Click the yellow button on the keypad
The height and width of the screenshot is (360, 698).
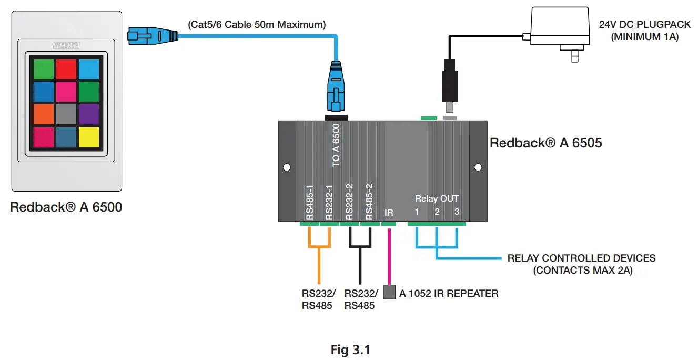(x=88, y=137)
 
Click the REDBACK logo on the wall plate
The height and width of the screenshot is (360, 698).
(x=66, y=46)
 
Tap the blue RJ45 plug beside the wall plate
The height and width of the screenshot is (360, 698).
(x=153, y=36)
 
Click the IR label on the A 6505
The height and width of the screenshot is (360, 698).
(x=389, y=213)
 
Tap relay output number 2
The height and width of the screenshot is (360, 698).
(x=437, y=212)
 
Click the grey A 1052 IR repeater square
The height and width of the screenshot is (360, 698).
(x=389, y=293)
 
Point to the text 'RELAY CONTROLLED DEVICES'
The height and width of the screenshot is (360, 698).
(x=581, y=258)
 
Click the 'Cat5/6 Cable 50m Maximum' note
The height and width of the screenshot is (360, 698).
(x=257, y=24)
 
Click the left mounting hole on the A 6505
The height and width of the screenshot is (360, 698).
(x=287, y=167)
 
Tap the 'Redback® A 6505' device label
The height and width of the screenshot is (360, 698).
(x=545, y=143)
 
